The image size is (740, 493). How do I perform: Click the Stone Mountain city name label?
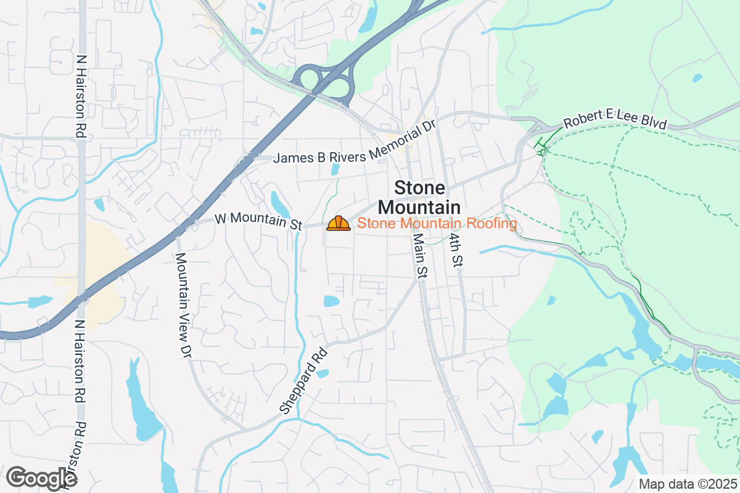point(419,197)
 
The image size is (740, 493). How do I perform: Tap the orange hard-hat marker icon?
point(339,223)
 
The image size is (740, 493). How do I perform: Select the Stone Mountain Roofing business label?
point(437,223)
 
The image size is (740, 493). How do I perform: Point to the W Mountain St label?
point(258,222)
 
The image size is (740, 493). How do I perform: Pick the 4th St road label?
point(456,250)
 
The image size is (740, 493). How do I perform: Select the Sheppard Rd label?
point(303,380)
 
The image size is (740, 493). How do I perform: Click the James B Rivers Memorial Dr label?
point(355,144)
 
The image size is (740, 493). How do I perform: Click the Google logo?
point(41,478)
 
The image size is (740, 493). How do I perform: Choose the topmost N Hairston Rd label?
point(80,96)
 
